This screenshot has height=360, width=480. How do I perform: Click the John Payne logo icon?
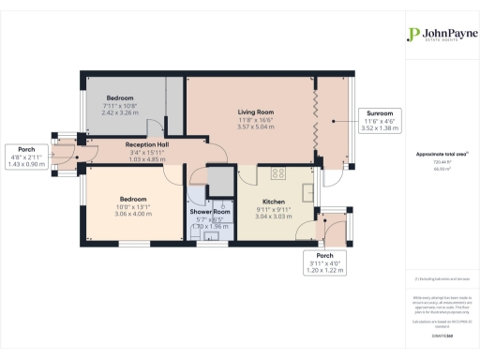point(411,34)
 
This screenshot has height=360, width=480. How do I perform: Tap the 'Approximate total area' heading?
point(438,154)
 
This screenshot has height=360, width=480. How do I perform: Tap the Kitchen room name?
point(273,202)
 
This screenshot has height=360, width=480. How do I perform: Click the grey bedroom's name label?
point(120,97)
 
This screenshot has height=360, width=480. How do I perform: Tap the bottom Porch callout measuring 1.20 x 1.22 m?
point(324,262)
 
